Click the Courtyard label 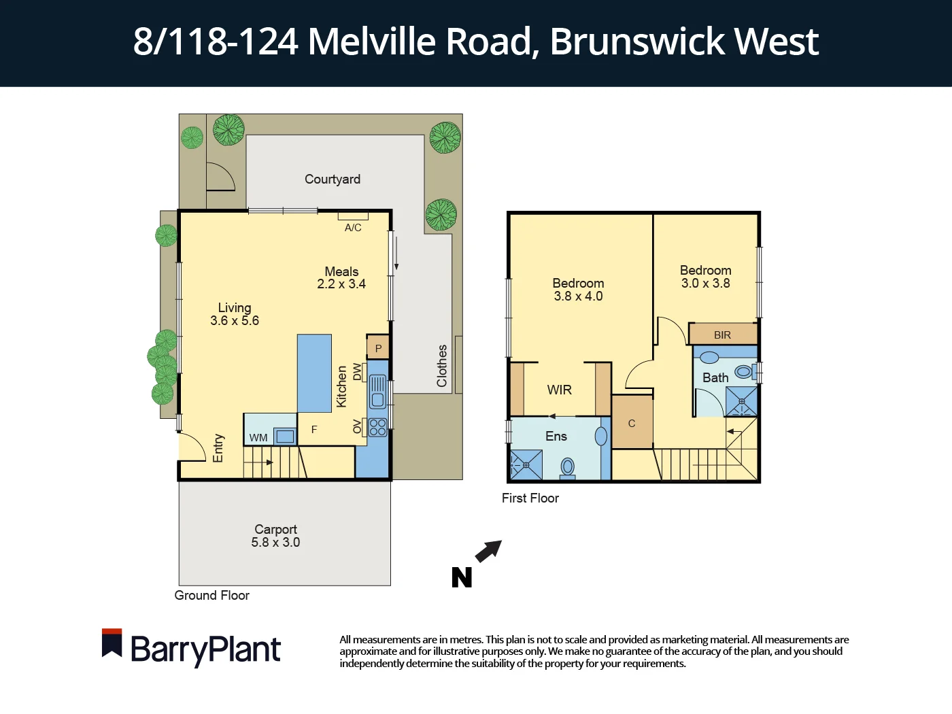pos(332,180)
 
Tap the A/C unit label pos(353,228)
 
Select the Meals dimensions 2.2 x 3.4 pos(341,284)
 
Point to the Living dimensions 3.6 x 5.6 pos(235,321)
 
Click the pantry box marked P pos(378,348)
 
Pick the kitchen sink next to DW pos(377,392)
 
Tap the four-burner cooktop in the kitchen pos(377,427)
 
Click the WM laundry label pos(258,437)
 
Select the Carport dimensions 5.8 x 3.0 pos(275,543)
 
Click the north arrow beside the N pos(488,551)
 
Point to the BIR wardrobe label pos(722,335)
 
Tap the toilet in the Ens pos(568,467)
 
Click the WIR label pos(559,390)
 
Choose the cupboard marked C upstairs pos(632,423)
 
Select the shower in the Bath pos(741,401)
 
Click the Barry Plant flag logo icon pos(112,643)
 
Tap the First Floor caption pos(530,498)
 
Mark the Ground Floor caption pos(211,596)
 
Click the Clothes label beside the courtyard pos(442,366)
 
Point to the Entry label pos(218,448)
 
